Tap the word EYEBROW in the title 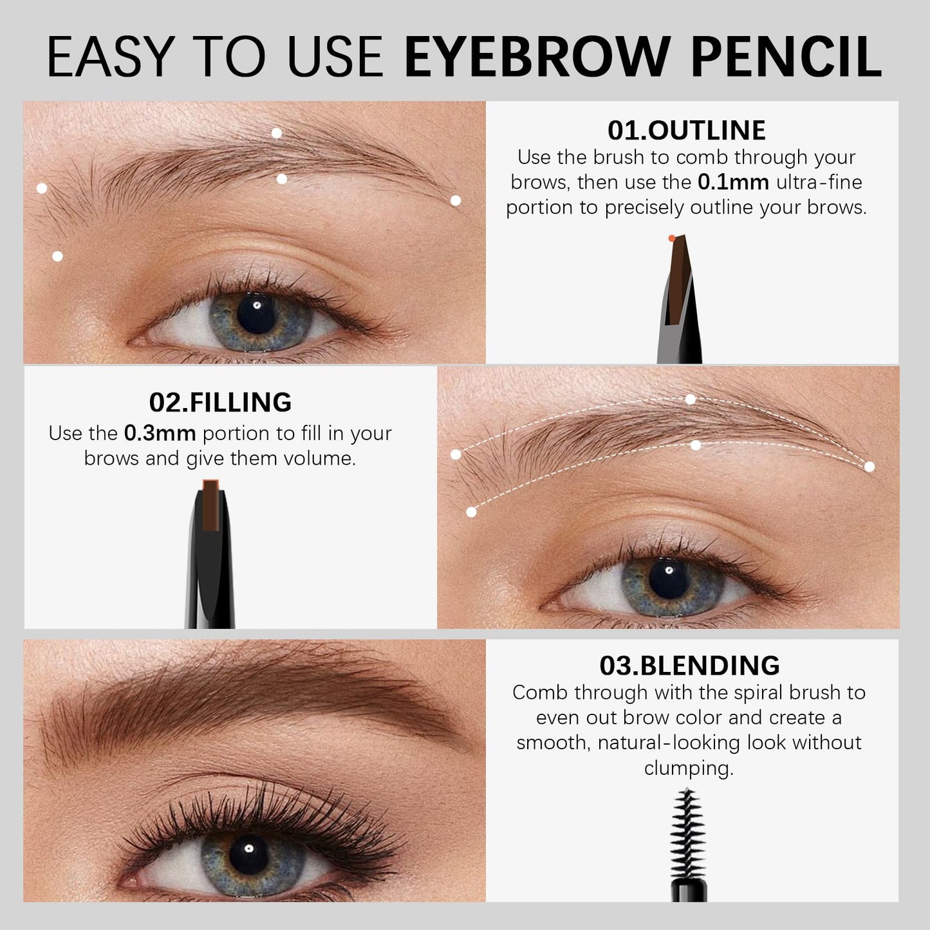coord(541,58)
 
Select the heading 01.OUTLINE coord(686,130)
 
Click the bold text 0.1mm coord(733,182)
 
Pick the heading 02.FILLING coord(220,402)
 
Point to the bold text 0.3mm coord(160,434)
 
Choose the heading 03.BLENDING coord(689,665)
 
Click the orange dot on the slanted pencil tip coord(672,238)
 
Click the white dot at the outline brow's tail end coord(456,201)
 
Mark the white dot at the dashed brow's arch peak coord(691,400)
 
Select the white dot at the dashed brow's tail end coord(870,467)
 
